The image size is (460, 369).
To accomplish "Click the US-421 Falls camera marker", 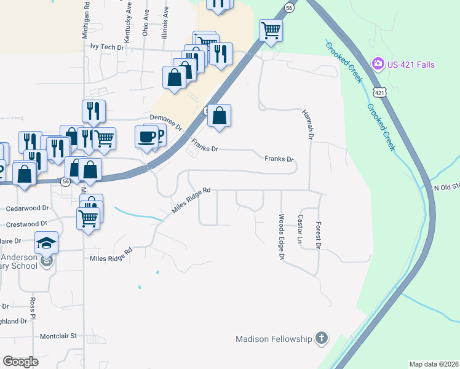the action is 378,63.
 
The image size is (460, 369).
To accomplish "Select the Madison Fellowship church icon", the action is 321,338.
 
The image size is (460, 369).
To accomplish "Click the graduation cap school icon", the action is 46,244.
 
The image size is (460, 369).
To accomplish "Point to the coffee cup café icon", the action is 147,136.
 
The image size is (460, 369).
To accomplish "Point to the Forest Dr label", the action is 319,235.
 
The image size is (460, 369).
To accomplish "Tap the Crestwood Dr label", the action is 26,224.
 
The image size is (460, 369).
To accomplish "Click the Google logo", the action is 20,362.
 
